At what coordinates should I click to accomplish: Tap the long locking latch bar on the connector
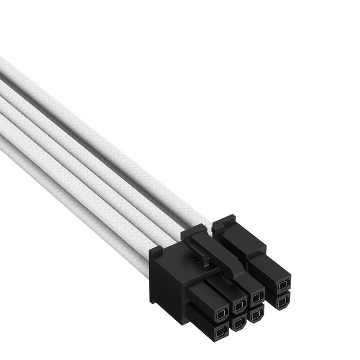pyautogui.click(x=226, y=252)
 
